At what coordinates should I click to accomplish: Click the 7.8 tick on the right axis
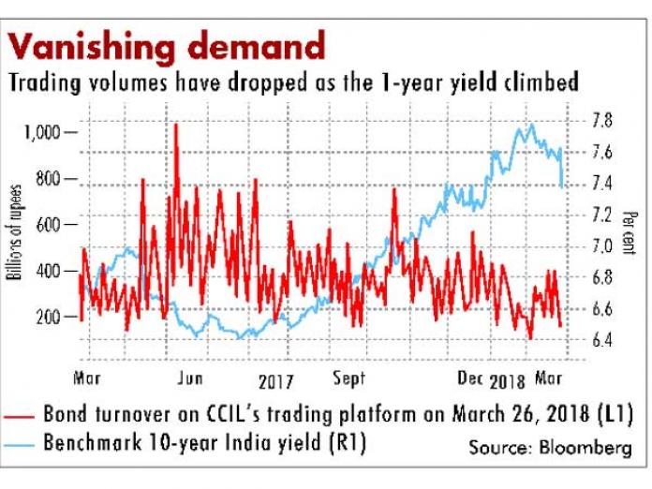pyautogui.click(x=603, y=120)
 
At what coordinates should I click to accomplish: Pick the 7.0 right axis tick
pyautogui.click(x=603, y=246)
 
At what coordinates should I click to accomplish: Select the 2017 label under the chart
pyautogui.click(x=274, y=381)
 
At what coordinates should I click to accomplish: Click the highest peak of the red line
pyautogui.click(x=175, y=125)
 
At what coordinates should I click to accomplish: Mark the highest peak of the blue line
pyautogui.click(x=531, y=125)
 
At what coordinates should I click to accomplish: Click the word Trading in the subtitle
pyautogui.click(x=44, y=82)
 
